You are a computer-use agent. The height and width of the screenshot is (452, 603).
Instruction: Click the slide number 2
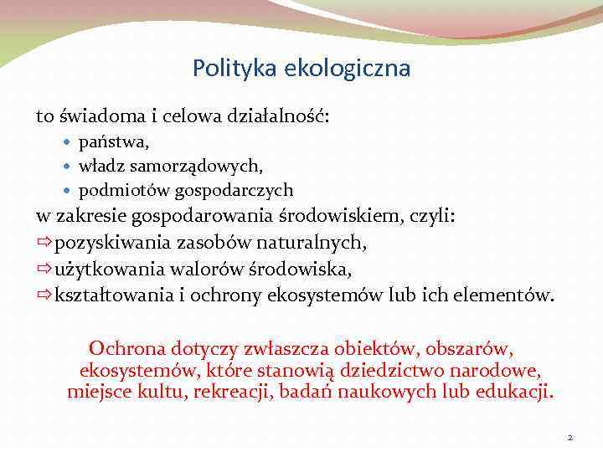pyautogui.click(x=569, y=437)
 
